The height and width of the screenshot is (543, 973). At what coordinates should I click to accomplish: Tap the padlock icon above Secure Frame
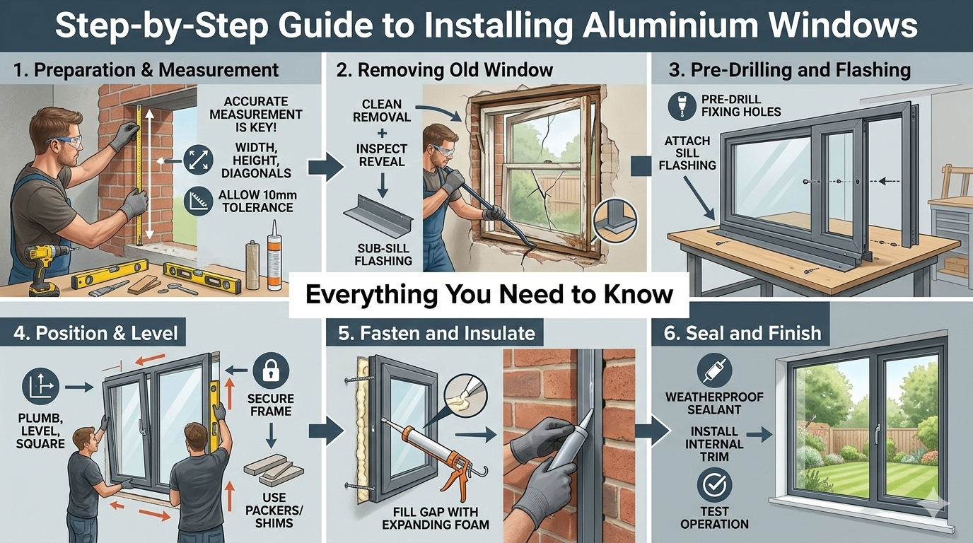(271, 370)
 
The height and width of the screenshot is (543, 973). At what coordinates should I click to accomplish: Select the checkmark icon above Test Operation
(714, 485)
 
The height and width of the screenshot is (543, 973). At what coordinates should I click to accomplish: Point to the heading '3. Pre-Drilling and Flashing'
(789, 69)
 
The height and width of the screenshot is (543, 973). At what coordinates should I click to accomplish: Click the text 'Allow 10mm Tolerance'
(257, 201)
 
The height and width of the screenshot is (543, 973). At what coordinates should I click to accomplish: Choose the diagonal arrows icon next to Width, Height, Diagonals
(198, 160)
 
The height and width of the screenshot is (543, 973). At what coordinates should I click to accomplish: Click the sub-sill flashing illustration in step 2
(378, 216)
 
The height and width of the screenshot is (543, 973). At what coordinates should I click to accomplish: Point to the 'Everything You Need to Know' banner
(489, 295)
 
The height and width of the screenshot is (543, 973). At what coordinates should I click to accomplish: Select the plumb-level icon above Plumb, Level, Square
(40, 386)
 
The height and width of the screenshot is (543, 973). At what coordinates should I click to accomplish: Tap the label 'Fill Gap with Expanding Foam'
(436, 518)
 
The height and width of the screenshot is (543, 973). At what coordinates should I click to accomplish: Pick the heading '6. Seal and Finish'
(742, 333)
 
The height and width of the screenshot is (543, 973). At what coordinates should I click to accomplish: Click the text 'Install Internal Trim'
(714, 444)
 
